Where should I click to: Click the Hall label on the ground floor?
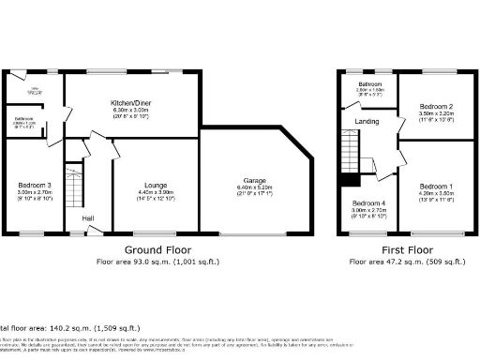click(x=87, y=218)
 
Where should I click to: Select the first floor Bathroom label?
click(x=368, y=84)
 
